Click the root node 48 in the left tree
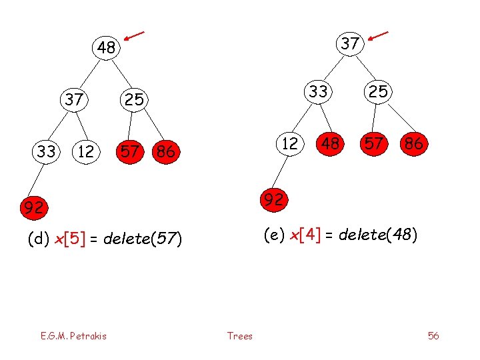pyautogui.click(x=105, y=47)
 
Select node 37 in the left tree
pyautogui.click(x=73, y=100)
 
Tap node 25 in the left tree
pyautogui.click(x=134, y=100)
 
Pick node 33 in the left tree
pyautogui.click(x=47, y=151)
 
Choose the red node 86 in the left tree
pyautogui.click(x=165, y=151)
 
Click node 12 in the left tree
pyautogui.click(x=85, y=151)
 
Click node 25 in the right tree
pyautogui.click(x=378, y=91)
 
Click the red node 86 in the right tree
pyautogui.click(x=413, y=143)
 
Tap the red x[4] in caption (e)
pyautogui.click(x=303, y=235)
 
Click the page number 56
pyautogui.click(x=433, y=335)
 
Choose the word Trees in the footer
pyautogui.click(x=240, y=336)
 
